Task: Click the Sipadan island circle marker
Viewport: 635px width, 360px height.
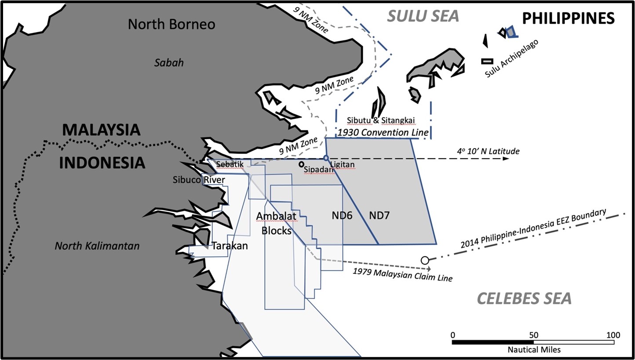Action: point(301,164)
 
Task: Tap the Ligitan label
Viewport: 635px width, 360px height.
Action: point(342,164)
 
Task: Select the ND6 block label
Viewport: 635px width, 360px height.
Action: point(342,215)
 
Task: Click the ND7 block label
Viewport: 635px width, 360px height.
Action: point(379,215)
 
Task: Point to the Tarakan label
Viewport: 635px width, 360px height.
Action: point(230,246)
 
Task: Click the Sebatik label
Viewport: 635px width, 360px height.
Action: point(230,164)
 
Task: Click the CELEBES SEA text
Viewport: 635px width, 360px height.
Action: point(525,298)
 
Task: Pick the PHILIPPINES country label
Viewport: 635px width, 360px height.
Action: point(568,18)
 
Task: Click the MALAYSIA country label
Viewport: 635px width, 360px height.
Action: point(101,130)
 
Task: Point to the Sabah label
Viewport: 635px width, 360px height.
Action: point(169,63)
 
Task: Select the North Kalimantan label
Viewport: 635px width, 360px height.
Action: point(97,246)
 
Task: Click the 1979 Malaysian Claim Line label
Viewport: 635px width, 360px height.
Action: point(402,274)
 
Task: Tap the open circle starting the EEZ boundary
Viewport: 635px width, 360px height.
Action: point(425,260)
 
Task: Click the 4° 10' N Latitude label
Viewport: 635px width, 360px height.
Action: point(488,151)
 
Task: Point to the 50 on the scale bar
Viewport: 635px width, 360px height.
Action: point(533,335)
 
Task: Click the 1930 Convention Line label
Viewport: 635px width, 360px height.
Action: point(383,132)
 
